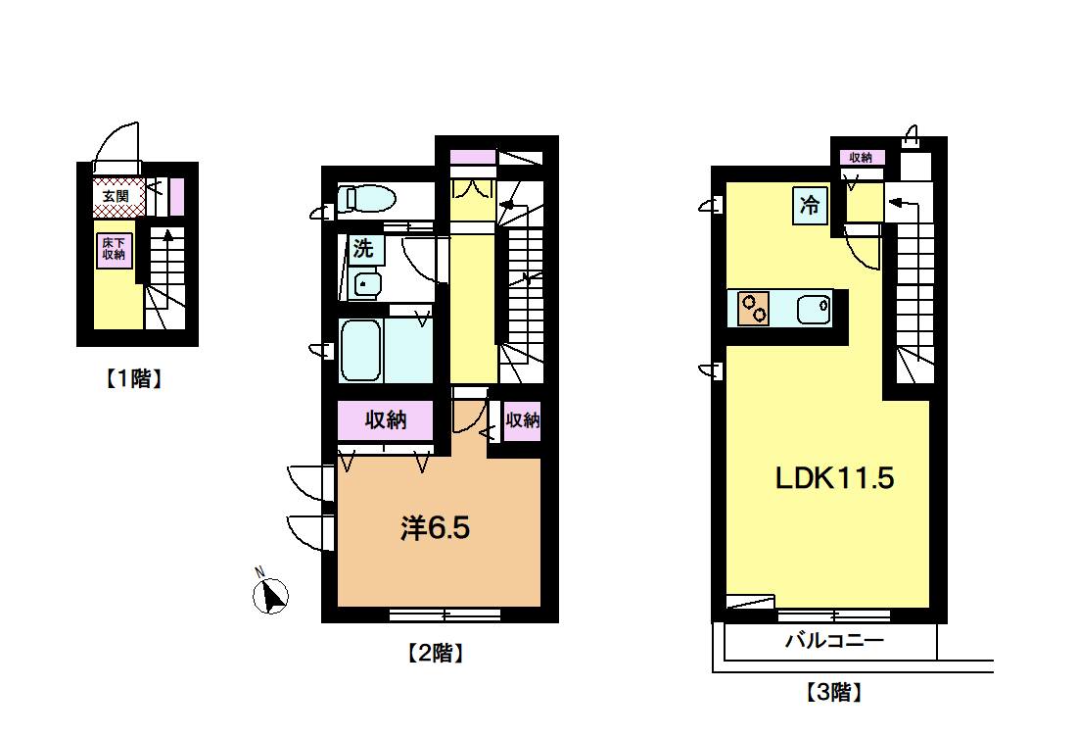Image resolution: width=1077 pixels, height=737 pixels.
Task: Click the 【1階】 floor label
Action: click(134, 378)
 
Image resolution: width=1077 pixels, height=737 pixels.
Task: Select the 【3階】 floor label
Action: click(833, 692)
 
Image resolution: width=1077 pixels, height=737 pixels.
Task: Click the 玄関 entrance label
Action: click(116, 196)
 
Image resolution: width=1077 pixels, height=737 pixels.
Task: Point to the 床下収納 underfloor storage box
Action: click(114, 249)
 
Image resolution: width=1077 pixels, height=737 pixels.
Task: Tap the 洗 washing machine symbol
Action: click(362, 248)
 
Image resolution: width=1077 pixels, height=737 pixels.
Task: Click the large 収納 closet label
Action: click(386, 419)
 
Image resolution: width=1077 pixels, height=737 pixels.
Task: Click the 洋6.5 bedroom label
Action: click(436, 528)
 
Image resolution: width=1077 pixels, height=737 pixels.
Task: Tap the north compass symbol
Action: click(270, 594)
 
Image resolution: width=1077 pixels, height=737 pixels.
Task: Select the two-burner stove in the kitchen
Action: click(754, 308)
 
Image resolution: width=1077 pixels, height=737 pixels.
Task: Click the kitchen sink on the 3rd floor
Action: click(814, 309)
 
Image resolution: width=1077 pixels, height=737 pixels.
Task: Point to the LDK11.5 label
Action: click(834, 478)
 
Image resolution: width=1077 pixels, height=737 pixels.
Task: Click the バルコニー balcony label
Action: click(834, 641)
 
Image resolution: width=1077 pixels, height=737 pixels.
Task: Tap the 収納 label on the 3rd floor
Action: click(861, 158)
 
